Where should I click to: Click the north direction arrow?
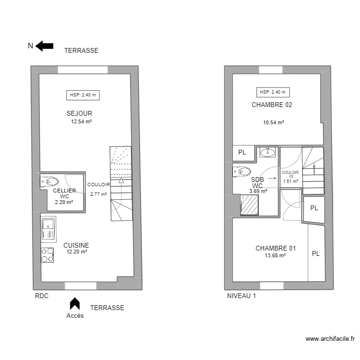pos(45,46)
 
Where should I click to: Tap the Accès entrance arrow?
pos(74,303)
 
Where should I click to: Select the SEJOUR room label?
pos(79,113)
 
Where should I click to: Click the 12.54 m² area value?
pos(81,122)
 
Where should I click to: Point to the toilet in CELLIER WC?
pos(49,181)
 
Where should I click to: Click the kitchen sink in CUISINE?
pos(48,228)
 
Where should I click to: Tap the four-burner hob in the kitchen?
pos(48,255)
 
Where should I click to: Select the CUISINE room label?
pos(76,245)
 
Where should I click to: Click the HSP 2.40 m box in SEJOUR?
pos(83,95)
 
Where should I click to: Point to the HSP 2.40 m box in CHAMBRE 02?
pos(273,92)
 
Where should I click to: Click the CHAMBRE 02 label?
pos(272,105)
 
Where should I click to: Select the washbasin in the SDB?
pos(267,153)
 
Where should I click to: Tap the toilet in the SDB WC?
pos(242,171)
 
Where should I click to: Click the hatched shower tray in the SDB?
pos(249,205)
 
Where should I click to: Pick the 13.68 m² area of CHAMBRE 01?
pos(275,256)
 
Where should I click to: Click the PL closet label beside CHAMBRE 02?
pos(242,153)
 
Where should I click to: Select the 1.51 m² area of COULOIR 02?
pos(290,181)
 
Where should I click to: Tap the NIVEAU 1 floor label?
pos(241,296)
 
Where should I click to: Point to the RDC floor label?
pos(42,296)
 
